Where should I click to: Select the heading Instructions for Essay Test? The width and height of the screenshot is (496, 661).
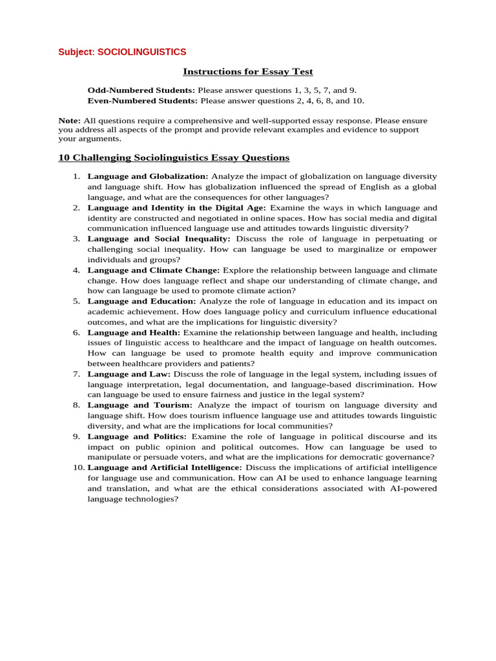[x=248, y=72]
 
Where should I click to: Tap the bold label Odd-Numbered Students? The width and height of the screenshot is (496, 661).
[x=141, y=90]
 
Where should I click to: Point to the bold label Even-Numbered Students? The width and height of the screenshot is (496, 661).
[x=142, y=101]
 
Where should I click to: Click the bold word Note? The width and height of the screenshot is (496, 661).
[x=69, y=121]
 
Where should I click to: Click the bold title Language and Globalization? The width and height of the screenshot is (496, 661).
[x=148, y=176]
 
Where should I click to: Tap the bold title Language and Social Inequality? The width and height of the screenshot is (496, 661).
[x=159, y=239]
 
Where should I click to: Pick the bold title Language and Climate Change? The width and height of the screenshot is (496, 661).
[x=154, y=270]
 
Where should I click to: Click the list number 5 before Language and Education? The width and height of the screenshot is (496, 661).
[x=76, y=301]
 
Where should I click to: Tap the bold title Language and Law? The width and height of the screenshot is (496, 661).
[x=129, y=374]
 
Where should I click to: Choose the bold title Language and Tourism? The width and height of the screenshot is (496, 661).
[x=139, y=405]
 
